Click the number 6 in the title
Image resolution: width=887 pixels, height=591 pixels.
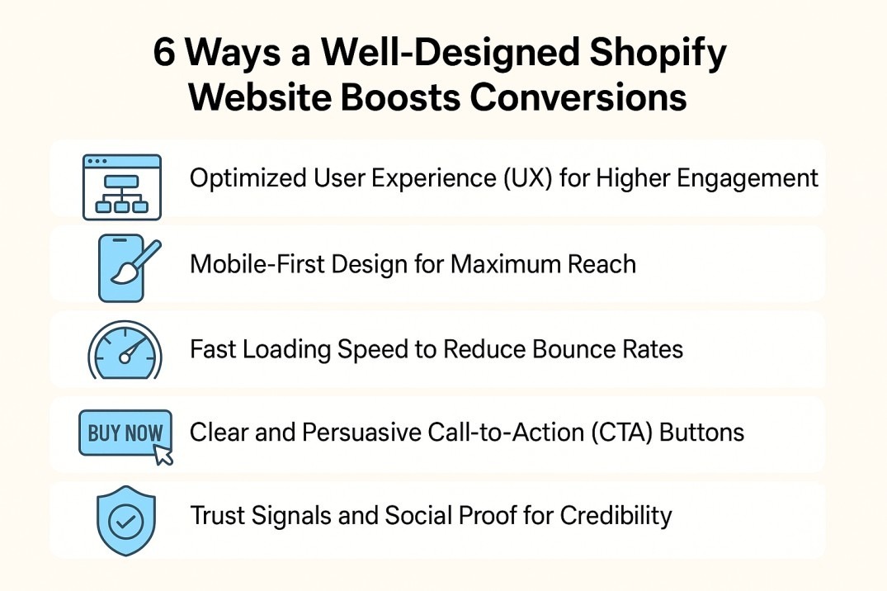tap(164, 54)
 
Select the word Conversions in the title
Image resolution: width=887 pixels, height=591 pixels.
tap(578, 97)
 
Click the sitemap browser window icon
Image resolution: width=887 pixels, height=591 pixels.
tap(121, 187)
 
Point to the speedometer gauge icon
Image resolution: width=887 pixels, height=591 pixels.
tap(125, 351)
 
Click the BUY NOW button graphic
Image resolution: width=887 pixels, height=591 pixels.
tap(125, 434)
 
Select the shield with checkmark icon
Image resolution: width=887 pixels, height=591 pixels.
tap(125, 521)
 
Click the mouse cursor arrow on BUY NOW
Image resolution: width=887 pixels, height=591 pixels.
tap(163, 455)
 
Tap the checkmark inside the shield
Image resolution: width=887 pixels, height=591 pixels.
tap(125, 522)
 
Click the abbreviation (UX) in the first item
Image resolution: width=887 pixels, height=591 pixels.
tap(528, 178)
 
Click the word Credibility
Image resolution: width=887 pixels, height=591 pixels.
tap(616, 516)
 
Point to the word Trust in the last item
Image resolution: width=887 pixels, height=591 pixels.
tap(217, 516)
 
